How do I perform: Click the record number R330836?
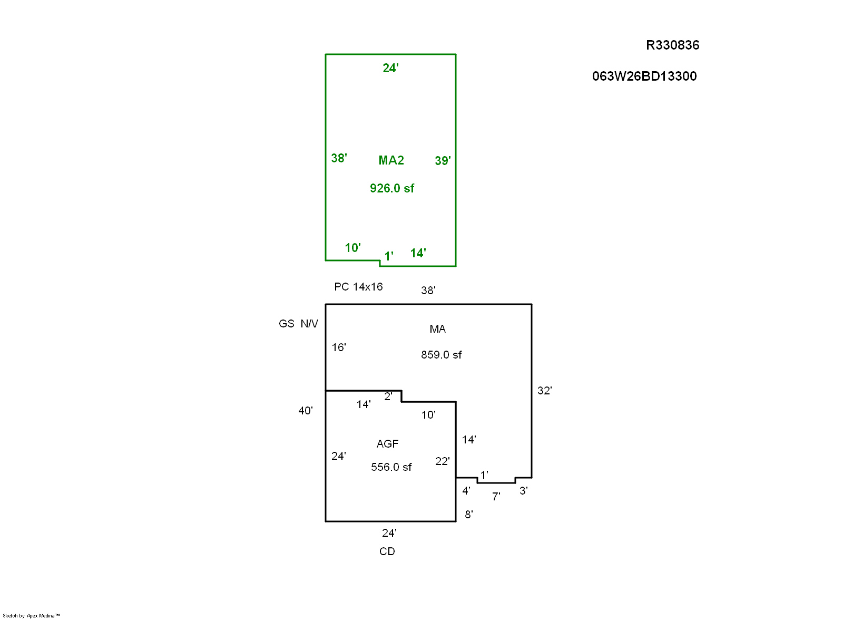(x=672, y=45)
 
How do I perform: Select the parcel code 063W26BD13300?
(x=644, y=76)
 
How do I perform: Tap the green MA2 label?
(x=391, y=160)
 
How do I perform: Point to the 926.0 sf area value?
(x=392, y=188)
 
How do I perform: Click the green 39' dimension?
(x=443, y=161)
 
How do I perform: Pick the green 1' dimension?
(x=389, y=256)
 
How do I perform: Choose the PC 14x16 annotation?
(x=358, y=287)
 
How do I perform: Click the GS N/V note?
(x=298, y=323)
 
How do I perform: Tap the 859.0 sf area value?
(x=441, y=355)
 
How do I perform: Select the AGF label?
(x=387, y=444)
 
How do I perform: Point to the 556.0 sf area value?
(x=391, y=467)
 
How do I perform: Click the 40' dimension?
(x=305, y=410)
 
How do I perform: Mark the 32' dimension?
(x=545, y=391)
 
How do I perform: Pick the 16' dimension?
(x=338, y=347)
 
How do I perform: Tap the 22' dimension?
(x=442, y=461)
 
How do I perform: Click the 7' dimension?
(x=496, y=497)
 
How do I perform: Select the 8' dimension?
(x=468, y=514)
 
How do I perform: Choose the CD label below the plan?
(x=387, y=552)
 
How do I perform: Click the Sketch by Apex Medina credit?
(x=31, y=616)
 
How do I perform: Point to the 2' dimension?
(x=388, y=396)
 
